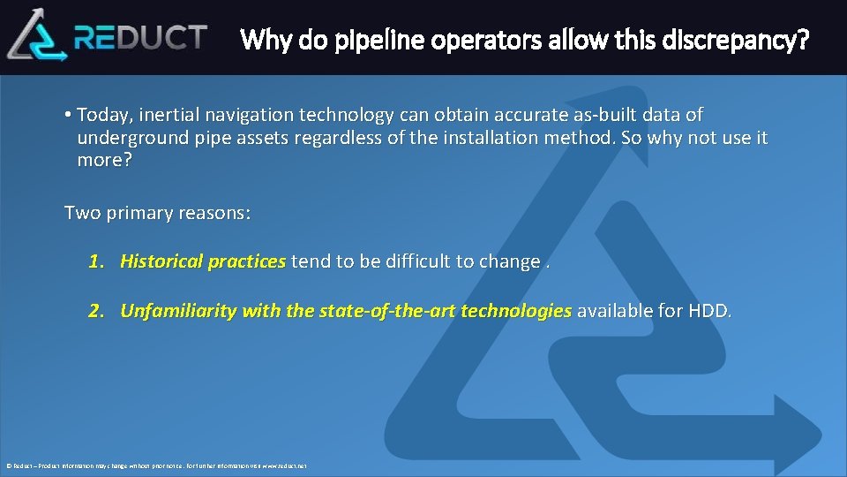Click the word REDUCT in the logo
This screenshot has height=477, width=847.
[141, 37]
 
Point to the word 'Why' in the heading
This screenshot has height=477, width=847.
[260, 40]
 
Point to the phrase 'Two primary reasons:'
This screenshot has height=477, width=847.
[158, 213]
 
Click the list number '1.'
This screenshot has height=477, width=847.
[97, 261]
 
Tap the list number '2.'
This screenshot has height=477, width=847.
[97, 311]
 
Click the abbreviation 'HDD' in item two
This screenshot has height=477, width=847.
[710, 311]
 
